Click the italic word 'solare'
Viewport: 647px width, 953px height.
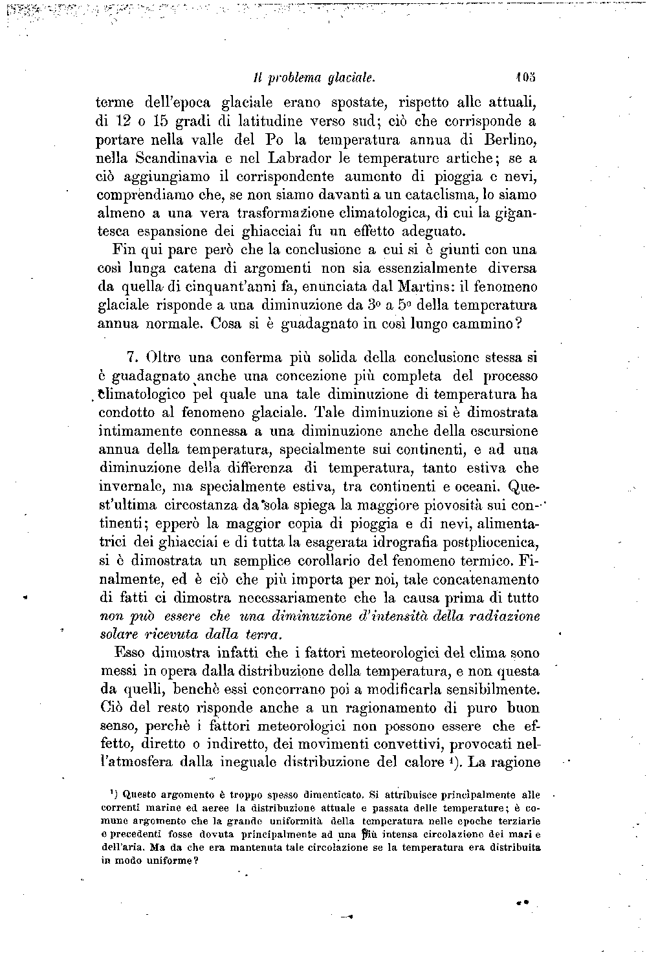pos(118,634)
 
